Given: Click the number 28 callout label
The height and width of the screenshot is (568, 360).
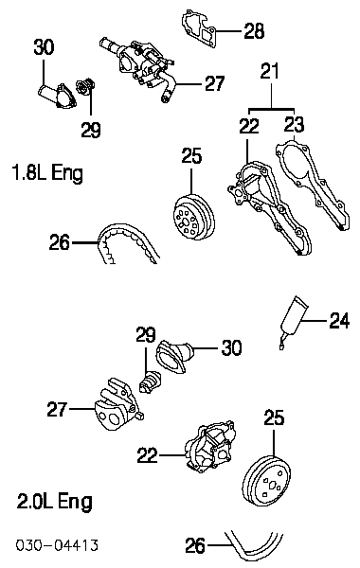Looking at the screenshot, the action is (x=254, y=30).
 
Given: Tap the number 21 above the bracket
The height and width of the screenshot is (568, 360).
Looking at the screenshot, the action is (x=270, y=71).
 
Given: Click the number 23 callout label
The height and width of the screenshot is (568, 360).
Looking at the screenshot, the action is (x=294, y=124).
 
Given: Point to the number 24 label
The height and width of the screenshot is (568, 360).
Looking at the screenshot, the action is (x=339, y=321).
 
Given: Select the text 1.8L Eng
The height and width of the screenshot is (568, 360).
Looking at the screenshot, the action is (x=47, y=172).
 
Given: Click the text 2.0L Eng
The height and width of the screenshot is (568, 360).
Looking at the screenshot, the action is (x=55, y=502).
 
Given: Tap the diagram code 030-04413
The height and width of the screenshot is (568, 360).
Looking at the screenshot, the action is (x=57, y=545).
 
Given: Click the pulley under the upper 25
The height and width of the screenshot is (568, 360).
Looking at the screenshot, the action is (x=193, y=217).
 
